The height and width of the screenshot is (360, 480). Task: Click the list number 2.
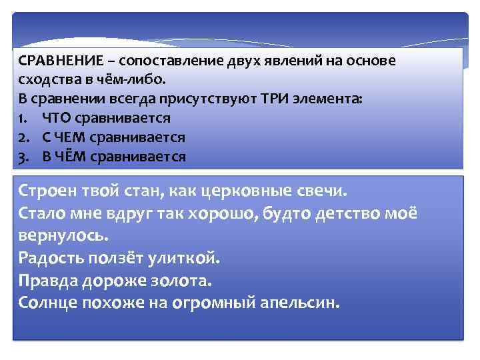tap(23, 137)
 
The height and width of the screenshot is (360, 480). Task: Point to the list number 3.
tap(23, 157)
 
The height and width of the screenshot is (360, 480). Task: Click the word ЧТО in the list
tap(56, 118)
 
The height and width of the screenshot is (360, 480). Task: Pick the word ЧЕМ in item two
tap(73, 137)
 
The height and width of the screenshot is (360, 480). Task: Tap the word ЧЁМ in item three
tap(74, 157)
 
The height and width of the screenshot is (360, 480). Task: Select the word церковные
tap(235, 192)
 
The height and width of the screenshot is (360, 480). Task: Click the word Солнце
tap(47, 303)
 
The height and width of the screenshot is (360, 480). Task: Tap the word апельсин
tap(298, 303)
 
